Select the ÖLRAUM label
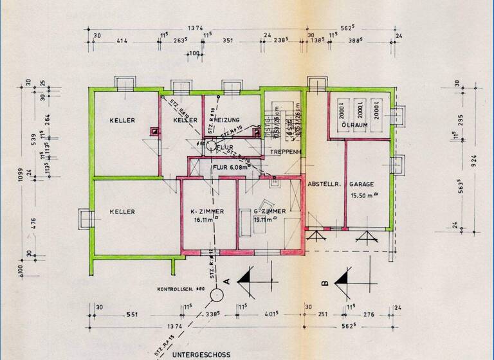click(x=354, y=125)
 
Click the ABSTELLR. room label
click(x=323, y=184)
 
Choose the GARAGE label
click(x=362, y=184)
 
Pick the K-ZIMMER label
click(x=207, y=211)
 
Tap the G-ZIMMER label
click(x=270, y=211)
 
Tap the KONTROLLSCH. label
click(x=179, y=289)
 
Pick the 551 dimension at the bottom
click(x=133, y=315)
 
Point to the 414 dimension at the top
click(x=122, y=41)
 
